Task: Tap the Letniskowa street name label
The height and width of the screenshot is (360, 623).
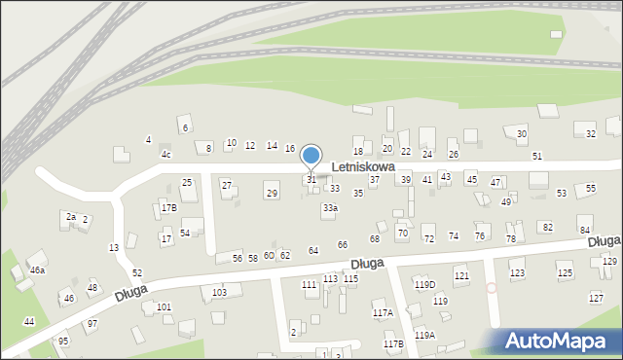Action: point(362,167)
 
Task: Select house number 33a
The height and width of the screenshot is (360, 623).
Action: point(331,208)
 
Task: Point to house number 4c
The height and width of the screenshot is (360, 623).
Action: point(166,155)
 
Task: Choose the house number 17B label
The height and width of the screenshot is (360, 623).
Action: point(169,208)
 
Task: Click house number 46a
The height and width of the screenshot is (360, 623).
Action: point(37,270)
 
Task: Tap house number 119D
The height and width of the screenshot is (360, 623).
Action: point(424,284)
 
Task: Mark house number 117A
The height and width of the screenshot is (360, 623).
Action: point(383,312)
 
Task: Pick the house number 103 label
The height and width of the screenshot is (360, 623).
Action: point(220,292)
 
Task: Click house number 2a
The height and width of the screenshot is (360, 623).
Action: point(70,216)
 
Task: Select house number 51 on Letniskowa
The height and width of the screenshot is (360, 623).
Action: point(536,156)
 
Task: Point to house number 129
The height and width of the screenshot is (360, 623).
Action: point(609,262)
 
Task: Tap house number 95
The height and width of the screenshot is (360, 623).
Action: point(63,341)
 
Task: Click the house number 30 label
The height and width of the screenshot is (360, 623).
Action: point(522,133)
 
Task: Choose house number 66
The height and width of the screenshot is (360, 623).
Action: point(342,244)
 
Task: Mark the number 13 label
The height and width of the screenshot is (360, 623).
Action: point(114,248)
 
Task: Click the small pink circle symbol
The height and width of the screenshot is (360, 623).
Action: point(492,287)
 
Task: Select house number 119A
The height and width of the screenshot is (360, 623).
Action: point(424,335)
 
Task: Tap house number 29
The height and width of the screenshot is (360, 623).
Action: point(272,194)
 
